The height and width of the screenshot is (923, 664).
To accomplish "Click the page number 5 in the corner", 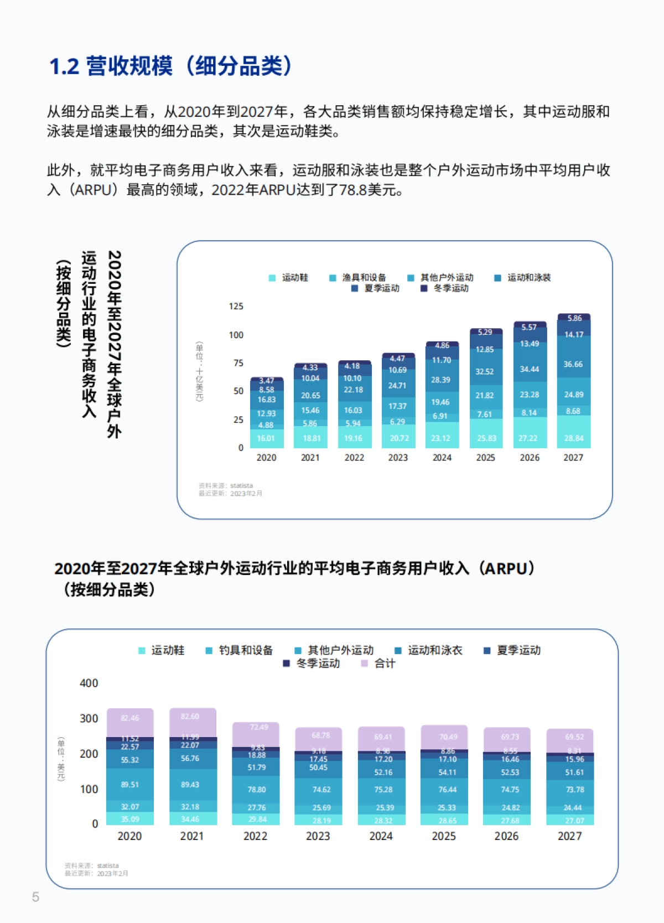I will [35, 897].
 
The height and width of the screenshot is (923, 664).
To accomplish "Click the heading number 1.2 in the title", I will [65, 67].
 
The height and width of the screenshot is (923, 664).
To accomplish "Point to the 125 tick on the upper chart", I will [236, 306].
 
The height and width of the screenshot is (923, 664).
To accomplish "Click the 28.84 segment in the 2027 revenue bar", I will [573, 438].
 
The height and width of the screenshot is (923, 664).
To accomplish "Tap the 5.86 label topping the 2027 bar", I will [574, 318].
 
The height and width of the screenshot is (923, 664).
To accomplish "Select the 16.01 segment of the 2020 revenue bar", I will [266, 438].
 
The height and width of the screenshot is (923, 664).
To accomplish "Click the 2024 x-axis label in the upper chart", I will [442, 458].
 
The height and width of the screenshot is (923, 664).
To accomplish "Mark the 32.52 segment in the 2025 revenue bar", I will [485, 371].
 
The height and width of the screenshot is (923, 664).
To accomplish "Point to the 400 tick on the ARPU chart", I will [89, 683].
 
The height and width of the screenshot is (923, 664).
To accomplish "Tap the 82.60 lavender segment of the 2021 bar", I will [190, 716].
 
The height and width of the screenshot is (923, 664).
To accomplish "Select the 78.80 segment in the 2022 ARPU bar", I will [257, 790].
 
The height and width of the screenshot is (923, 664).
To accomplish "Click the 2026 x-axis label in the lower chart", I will [506, 836].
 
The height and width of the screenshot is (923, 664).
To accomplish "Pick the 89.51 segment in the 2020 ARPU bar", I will [129, 785].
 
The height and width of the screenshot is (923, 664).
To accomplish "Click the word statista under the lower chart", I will [108, 865].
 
